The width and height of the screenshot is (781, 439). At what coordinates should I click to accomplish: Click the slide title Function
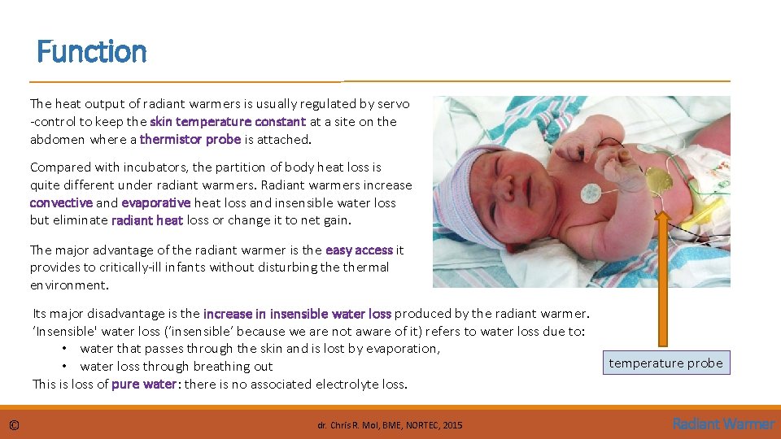click(92, 53)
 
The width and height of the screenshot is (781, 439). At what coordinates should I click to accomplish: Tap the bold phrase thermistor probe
click(190, 139)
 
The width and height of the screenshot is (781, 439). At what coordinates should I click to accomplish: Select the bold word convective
click(61, 202)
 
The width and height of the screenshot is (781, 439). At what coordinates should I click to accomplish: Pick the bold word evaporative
click(155, 202)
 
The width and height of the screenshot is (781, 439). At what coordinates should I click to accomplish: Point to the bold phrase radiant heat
click(147, 220)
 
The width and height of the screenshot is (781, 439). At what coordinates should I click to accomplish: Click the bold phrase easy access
click(359, 250)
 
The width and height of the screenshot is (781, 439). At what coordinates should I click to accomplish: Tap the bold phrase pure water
click(144, 384)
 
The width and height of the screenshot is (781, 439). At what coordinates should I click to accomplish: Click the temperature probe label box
click(665, 363)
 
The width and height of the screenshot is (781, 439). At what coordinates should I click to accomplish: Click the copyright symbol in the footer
click(15, 424)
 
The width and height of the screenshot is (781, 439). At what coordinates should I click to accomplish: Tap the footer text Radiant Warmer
click(723, 424)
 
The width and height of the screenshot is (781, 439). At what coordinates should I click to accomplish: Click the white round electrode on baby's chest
click(591, 193)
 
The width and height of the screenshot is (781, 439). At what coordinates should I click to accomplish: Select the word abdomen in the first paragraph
click(57, 139)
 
